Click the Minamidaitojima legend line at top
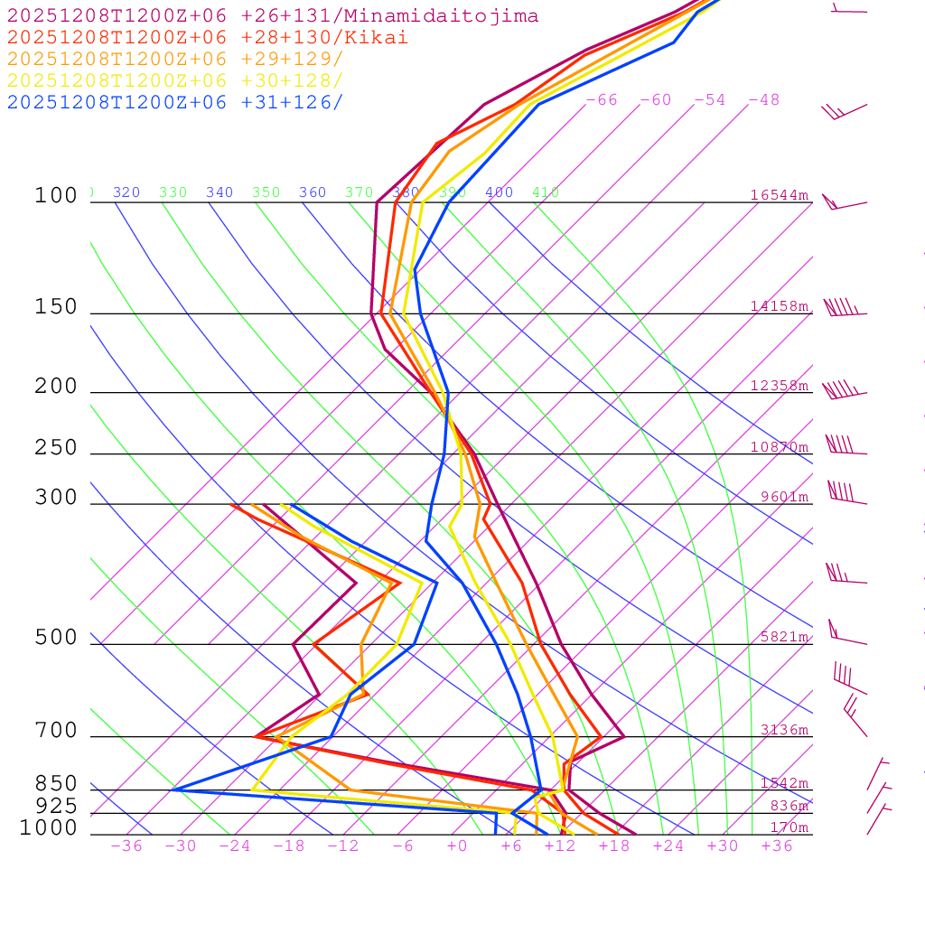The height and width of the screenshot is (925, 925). click(273, 16)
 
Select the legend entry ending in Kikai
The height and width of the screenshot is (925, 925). click(208, 38)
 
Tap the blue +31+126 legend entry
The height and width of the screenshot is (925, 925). click(175, 102)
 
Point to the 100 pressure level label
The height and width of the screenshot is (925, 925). click(56, 196)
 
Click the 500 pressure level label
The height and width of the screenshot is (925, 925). click(56, 638)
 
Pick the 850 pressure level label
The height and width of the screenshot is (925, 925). click(56, 784)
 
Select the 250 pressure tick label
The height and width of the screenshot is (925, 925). click(56, 448)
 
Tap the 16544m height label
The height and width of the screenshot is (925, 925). click(779, 195)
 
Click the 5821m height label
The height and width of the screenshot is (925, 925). click(783, 637)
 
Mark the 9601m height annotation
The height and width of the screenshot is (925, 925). click(783, 497)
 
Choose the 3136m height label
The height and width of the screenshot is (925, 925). click(783, 730)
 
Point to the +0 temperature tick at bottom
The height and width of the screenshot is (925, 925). click(457, 846)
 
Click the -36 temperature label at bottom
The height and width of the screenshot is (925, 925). click(126, 846)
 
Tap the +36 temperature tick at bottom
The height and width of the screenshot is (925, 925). click(776, 846)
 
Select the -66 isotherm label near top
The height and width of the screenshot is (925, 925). click(602, 100)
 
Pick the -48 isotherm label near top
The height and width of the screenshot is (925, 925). click(763, 100)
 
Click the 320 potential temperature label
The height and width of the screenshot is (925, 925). click(126, 192)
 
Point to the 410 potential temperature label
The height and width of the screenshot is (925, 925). click(546, 192)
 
